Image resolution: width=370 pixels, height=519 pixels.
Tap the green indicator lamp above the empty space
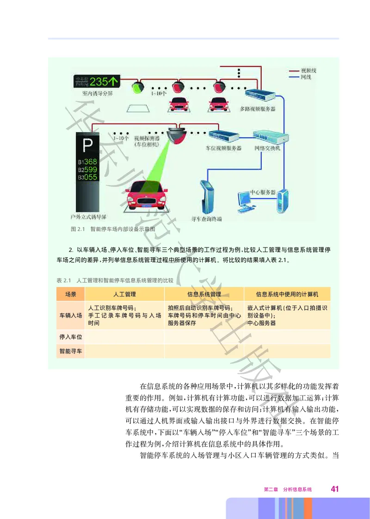coord(137,86)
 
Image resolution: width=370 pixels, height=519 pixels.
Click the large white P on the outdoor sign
coord(87,146)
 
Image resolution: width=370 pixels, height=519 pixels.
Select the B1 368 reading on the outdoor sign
coord(87,162)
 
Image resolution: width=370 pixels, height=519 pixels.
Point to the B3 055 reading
coord(87,177)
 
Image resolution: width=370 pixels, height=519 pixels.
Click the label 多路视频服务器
coord(258,109)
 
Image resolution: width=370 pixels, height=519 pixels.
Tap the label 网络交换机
coord(267,148)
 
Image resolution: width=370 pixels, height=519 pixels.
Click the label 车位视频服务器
coord(223,148)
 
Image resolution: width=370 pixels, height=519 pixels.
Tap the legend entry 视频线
coord(308,70)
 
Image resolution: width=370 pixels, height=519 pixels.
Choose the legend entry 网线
coord(305,77)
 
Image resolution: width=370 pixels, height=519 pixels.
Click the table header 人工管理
coord(124,294)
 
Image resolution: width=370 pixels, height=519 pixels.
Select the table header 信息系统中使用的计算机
coord(287,294)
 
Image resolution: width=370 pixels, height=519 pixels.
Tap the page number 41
coord(335,489)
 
